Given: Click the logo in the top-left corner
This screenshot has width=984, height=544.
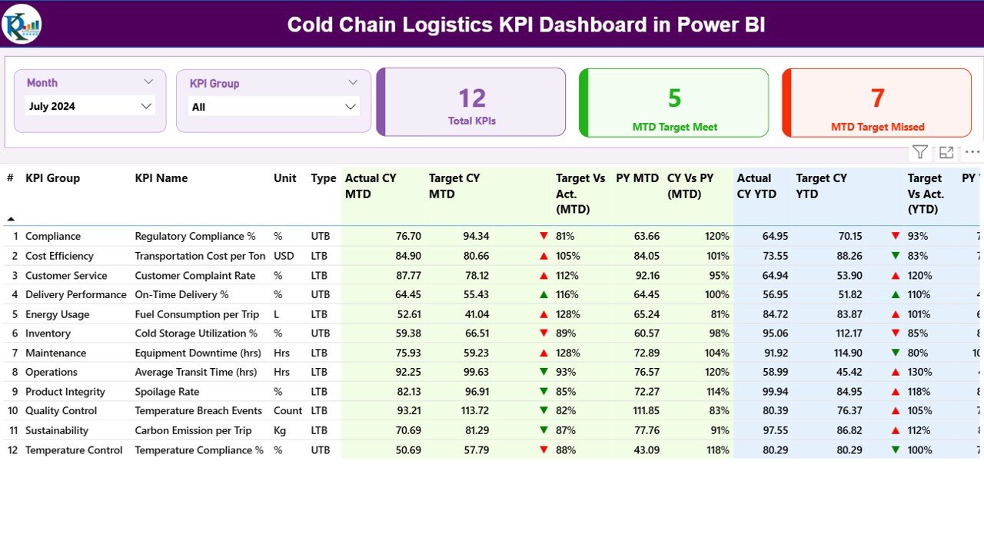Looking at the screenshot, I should pos(22,24).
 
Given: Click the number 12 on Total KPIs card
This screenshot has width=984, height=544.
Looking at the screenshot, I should pos(472,98).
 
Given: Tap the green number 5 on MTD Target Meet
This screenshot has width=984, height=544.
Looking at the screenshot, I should pos(674,98).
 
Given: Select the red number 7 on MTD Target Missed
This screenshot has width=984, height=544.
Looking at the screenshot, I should pos(878,98).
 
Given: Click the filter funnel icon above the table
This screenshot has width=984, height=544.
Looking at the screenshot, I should pos(919,152).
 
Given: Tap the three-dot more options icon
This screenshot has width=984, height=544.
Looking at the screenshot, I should pos(972,152).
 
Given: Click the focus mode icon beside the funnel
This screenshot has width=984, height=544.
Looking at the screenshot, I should pos(946,152).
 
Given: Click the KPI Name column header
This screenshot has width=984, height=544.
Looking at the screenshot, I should pos(161,178).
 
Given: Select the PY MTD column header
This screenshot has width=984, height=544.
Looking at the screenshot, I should pos(637,178).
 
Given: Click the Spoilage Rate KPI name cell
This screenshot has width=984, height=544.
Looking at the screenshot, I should pos(167,392).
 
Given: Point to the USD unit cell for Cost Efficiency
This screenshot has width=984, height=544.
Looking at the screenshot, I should pos(284,256).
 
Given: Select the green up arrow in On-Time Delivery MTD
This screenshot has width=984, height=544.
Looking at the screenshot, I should pos(544,294).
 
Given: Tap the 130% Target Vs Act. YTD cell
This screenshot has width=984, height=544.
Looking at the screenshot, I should pos(919,372).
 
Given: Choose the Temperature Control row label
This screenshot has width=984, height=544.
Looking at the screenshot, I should pos(74,450).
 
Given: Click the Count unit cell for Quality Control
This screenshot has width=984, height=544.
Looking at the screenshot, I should pos(288,411).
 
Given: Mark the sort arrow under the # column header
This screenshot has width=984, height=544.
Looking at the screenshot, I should pos(11,219).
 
